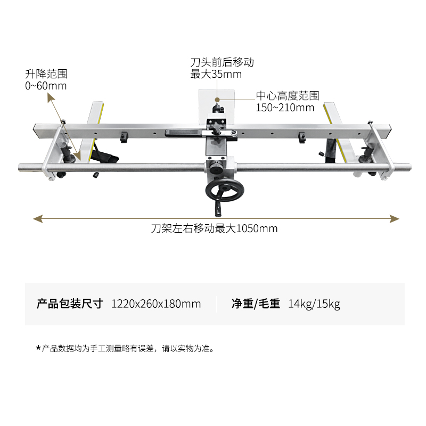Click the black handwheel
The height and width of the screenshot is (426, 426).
pos(224,191)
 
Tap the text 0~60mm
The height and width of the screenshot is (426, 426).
pos(46,86)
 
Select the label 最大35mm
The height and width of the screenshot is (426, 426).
pos(216,74)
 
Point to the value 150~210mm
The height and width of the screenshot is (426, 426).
pos(285,108)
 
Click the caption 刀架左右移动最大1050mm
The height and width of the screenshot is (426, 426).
pos(214,229)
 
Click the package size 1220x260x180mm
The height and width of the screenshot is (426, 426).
pos(156,304)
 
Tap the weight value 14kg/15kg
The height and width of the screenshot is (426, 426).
pos(314,304)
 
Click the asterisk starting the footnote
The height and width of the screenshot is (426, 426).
pos(38,349)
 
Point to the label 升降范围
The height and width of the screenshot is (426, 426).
pos(46,74)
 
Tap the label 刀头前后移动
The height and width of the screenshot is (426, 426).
pos(222,62)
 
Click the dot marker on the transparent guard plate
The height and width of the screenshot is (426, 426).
pos(217,99)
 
